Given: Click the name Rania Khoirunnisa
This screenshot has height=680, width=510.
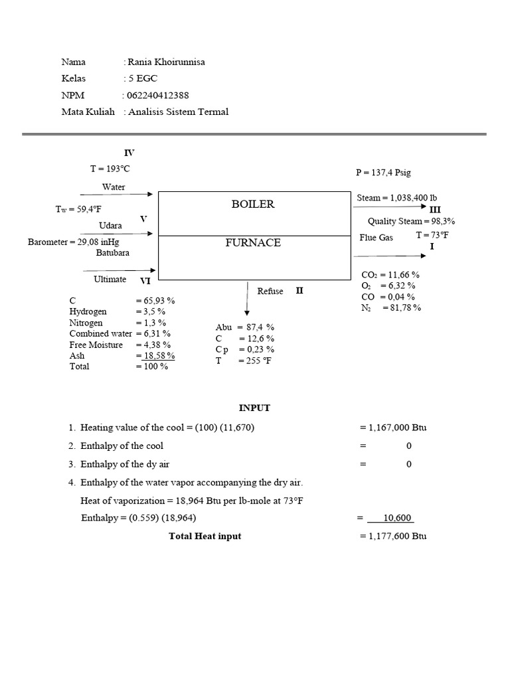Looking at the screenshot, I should click(x=165, y=62).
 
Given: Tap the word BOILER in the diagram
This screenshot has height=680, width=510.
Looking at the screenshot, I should click(x=252, y=204).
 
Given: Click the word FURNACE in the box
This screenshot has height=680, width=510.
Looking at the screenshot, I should click(x=252, y=242).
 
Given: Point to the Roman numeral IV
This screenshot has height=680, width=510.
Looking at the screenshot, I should click(x=129, y=153).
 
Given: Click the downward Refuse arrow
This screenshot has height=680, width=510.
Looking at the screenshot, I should click(x=247, y=299).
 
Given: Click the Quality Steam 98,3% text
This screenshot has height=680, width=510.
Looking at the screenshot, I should click(x=411, y=221).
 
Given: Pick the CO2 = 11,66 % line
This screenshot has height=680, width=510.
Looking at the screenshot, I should click(x=390, y=274).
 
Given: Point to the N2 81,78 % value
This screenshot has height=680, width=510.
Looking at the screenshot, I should click(x=401, y=307).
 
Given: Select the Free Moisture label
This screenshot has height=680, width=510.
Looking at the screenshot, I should click(x=96, y=345).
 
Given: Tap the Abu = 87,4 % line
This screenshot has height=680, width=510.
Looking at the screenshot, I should click(x=244, y=327).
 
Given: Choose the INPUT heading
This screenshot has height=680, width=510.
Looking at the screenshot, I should click(x=254, y=408).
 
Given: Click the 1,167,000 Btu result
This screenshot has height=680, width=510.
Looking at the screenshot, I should click(x=397, y=427).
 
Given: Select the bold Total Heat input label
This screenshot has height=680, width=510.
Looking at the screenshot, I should click(x=205, y=536).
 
